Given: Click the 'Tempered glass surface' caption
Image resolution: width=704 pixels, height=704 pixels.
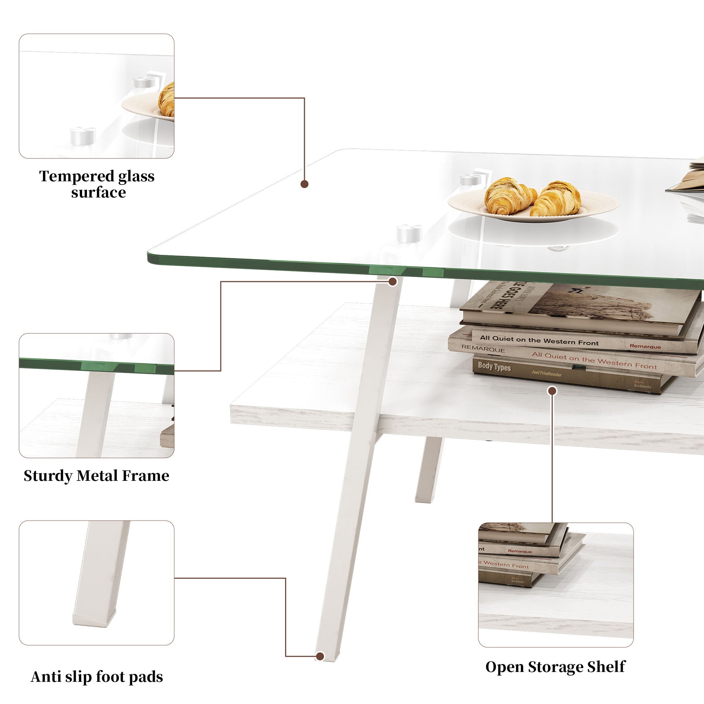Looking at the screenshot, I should [x=97, y=184].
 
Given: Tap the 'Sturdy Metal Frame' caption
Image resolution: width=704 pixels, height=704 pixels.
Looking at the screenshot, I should [x=96, y=476].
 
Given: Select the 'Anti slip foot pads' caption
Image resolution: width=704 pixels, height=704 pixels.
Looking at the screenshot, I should [x=97, y=677].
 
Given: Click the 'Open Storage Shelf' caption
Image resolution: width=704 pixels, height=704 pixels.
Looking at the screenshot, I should [x=555, y=667].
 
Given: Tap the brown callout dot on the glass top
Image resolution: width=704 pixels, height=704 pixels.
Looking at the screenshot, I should [x=304, y=184].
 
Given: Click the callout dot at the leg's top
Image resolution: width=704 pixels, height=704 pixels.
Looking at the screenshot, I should [x=392, y=281].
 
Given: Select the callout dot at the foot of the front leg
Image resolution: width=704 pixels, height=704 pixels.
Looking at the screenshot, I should [x=320, y=656].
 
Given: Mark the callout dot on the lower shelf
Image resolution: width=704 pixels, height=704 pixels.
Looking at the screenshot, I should [x=552, y=391].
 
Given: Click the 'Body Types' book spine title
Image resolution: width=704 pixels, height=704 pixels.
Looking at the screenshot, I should [x=494, y=366].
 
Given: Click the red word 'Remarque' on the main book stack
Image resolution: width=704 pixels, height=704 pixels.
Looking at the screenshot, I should [x=645, y=346].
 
